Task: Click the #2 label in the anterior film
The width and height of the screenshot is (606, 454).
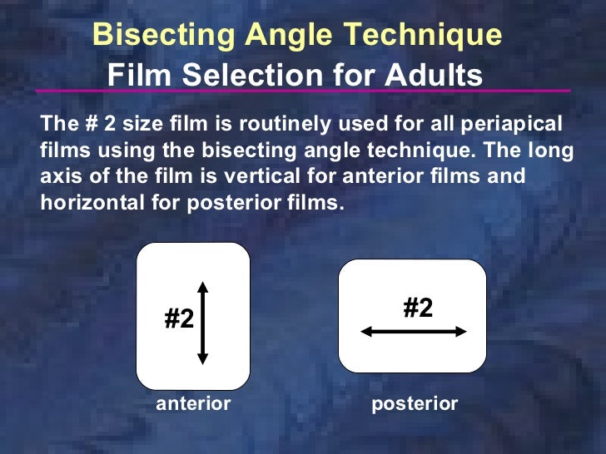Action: [179, 318]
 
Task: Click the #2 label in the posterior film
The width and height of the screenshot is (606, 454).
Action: [418, 308]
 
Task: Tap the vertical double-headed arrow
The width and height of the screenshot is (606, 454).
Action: [202, 323]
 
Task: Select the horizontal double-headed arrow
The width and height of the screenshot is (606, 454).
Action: [414, 331]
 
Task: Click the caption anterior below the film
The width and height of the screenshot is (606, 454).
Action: [193, 404]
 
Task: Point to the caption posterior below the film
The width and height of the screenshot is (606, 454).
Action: [414, 404]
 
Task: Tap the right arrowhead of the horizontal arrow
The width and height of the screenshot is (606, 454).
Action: [461, 331]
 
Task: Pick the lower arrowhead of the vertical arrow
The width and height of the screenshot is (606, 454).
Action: [202, 358]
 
